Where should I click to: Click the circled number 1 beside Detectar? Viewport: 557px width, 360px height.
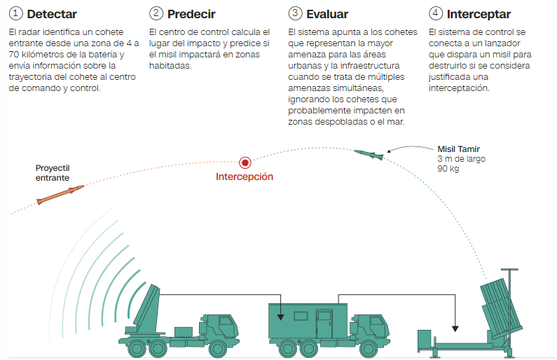click(x=16, y=13)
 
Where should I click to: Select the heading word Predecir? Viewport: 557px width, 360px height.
click(x=191, y=14)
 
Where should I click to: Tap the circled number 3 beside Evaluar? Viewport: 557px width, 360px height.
click(x=296, y=13)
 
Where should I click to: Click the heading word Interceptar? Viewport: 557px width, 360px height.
click(x=479, y=13)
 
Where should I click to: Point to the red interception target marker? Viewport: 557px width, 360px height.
click(x=245, y=162)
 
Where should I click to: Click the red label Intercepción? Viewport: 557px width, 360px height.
click(x=245, y=177)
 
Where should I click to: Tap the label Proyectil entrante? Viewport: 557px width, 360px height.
click(x=53, y=173)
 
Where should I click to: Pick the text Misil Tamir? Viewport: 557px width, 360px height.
click(x=458, y=149)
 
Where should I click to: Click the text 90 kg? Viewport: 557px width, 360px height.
click(x=448, y=169)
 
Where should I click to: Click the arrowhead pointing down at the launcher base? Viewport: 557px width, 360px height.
click(x=455, y=328)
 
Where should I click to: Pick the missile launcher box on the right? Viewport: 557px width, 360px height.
click(x=502, y=307)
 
